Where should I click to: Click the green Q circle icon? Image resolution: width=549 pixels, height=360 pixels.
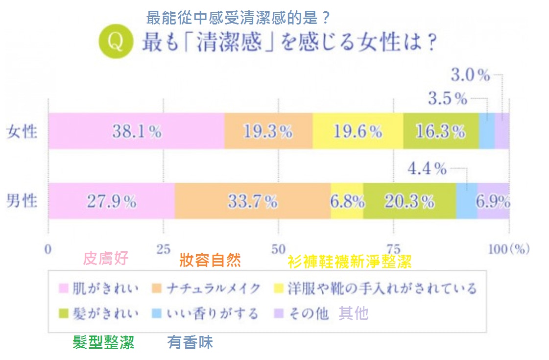pyautogui.click(x=116, y=43)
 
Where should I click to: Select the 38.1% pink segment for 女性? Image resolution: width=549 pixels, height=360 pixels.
pyautogui.click(x=136, y=131)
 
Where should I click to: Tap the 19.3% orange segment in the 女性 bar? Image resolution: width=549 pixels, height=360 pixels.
pyautogui.click(x=268, y=131)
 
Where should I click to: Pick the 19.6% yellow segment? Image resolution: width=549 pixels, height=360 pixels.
pyautogui.click(x=358, y=131)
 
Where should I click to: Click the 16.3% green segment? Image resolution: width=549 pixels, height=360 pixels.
pyautogui.click(x=441, y=131)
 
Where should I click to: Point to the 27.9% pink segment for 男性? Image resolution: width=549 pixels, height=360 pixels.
pyautogui.click(x=111, y=201)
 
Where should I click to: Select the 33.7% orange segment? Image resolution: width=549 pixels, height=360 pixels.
pyautogui.click(x=253, y=201)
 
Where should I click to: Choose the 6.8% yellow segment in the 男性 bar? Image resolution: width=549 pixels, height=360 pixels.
pyautogui.click(x=347, y=201)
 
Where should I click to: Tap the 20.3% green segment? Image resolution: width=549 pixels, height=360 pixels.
pyautogui.click(x=409, y=201)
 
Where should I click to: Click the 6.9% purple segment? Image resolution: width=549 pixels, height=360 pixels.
pyautogui.click(x=493, y=201)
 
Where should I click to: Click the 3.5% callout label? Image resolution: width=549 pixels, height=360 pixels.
pyautogui.click(x=448, y=99)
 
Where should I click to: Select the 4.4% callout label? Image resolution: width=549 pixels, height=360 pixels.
pyautogui.click(x=427, y=169)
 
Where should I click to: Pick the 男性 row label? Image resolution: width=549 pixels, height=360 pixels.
pyautogui.click(x=22, y=201)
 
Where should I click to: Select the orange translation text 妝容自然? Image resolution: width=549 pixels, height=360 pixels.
pyautogui.click(x=210, y=260)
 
